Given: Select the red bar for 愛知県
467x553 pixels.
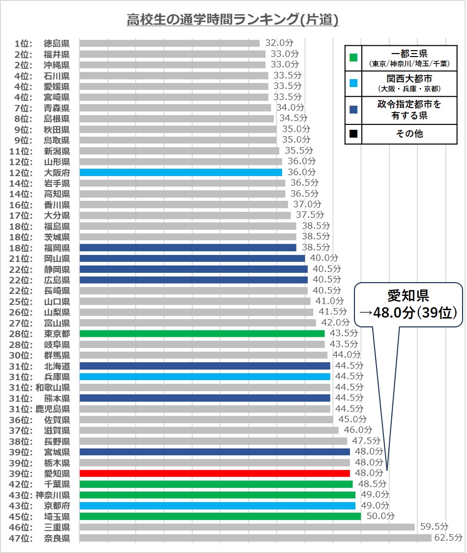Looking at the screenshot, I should click(214, 473).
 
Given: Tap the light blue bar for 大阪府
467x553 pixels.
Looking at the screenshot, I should click(180, 173).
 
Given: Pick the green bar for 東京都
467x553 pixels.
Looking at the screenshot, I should click(202, 334).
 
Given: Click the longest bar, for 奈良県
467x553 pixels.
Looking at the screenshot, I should click(255, 538).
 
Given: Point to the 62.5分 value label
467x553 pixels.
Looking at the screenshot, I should click(448, 538).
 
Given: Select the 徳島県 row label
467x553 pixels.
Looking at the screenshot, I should click(57, 43).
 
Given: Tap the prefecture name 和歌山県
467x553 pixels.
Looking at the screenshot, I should click(53, 387).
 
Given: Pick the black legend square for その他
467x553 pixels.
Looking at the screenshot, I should click(353, 133).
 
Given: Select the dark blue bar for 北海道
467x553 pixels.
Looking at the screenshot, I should click(204, 366).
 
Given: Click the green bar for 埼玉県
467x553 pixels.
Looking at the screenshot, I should click(220, 517).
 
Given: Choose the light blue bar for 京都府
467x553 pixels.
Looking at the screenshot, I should click(217, 506).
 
